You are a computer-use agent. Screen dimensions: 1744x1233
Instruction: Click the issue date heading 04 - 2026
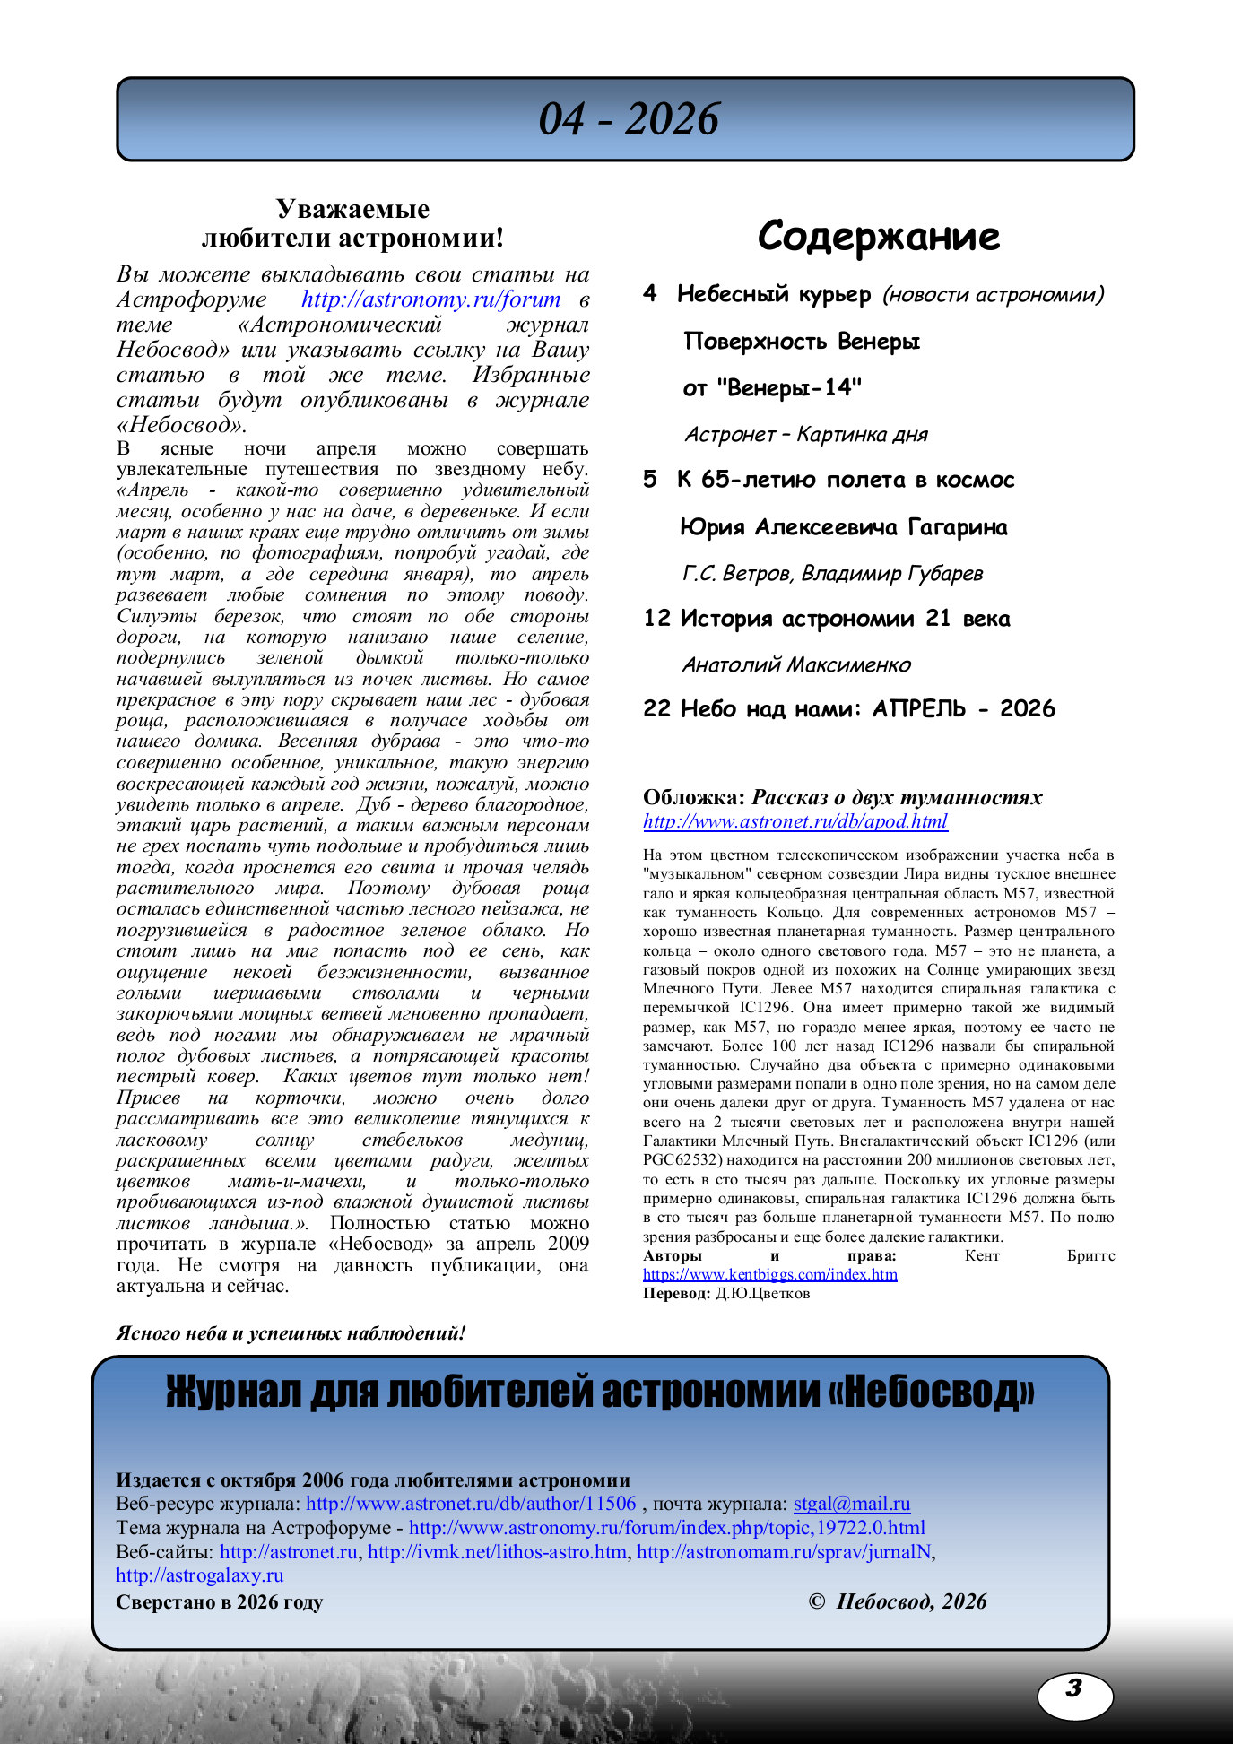pos(628,119)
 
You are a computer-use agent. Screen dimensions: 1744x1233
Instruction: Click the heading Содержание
pos(878,237)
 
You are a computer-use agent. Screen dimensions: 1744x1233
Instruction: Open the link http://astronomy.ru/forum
pos(430,299)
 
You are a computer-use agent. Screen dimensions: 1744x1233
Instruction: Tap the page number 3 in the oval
pos(1073,1689)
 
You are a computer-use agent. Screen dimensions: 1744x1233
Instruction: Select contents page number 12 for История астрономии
pos(656,619)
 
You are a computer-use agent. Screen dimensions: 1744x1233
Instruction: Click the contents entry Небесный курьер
pos(774,294)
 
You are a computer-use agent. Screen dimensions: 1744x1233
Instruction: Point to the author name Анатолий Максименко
pos(796,665)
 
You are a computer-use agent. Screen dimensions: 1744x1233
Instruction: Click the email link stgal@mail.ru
pos(851,1504)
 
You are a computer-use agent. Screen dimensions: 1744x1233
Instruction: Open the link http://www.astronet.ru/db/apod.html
pos(795,821)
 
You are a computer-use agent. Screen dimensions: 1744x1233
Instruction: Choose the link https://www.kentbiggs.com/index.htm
pos(769,1274)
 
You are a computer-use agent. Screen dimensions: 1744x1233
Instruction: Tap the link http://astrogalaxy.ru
pos(199,1575)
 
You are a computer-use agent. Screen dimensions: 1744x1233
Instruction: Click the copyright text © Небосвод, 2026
pos(897,1601)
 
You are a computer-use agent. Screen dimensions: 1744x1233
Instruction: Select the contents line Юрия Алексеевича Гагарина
pos(844,527)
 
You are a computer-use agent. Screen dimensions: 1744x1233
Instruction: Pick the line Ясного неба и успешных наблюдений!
pos(291,1333)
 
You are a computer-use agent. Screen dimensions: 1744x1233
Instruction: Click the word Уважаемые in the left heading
pos(352,209)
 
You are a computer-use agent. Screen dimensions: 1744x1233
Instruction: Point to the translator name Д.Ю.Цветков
pos(762,1293)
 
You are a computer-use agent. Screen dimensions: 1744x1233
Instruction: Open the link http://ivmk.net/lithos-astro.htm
pos(497,1552)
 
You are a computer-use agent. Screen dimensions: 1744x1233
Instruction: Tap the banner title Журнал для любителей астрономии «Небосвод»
pos(600,1393)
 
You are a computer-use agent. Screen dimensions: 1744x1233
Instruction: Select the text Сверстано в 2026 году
pos(219,1602)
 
